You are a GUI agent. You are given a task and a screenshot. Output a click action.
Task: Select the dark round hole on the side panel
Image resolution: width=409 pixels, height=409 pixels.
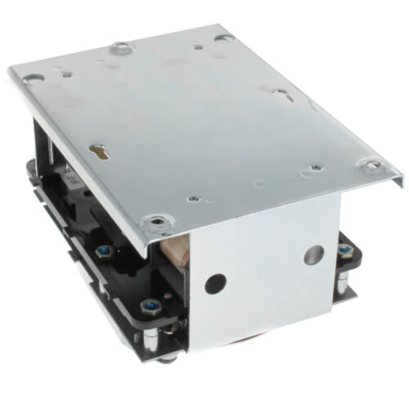215,284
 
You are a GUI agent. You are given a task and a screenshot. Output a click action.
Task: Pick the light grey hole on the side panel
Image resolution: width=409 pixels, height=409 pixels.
313,254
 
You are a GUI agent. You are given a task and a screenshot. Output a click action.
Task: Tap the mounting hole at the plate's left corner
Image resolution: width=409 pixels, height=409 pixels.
34,79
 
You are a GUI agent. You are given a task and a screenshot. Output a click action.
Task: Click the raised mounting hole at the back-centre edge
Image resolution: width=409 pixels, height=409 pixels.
120,47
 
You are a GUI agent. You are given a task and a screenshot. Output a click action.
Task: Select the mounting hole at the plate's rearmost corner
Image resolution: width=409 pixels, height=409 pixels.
222,37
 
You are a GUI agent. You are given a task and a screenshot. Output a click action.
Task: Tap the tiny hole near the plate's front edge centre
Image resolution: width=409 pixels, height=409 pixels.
193,199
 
